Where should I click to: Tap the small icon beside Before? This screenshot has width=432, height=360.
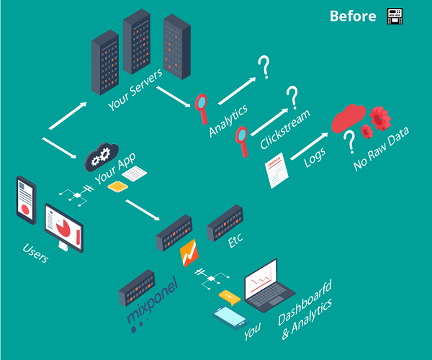(x=393, y=16)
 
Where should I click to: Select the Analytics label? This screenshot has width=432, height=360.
(x=228, y=120)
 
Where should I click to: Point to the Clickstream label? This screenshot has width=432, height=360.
(x=285, y=129)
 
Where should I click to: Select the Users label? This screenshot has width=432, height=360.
(x=36, y=253)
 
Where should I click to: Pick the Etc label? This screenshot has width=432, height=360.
(x=235, y=241)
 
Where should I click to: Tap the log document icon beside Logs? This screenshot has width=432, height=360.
(x=279, y=169)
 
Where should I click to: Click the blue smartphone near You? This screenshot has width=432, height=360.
(x=230, y=317)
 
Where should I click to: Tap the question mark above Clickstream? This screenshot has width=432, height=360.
(x=292, y=96)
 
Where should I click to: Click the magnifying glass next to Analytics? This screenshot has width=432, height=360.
(x=202, y=107)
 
